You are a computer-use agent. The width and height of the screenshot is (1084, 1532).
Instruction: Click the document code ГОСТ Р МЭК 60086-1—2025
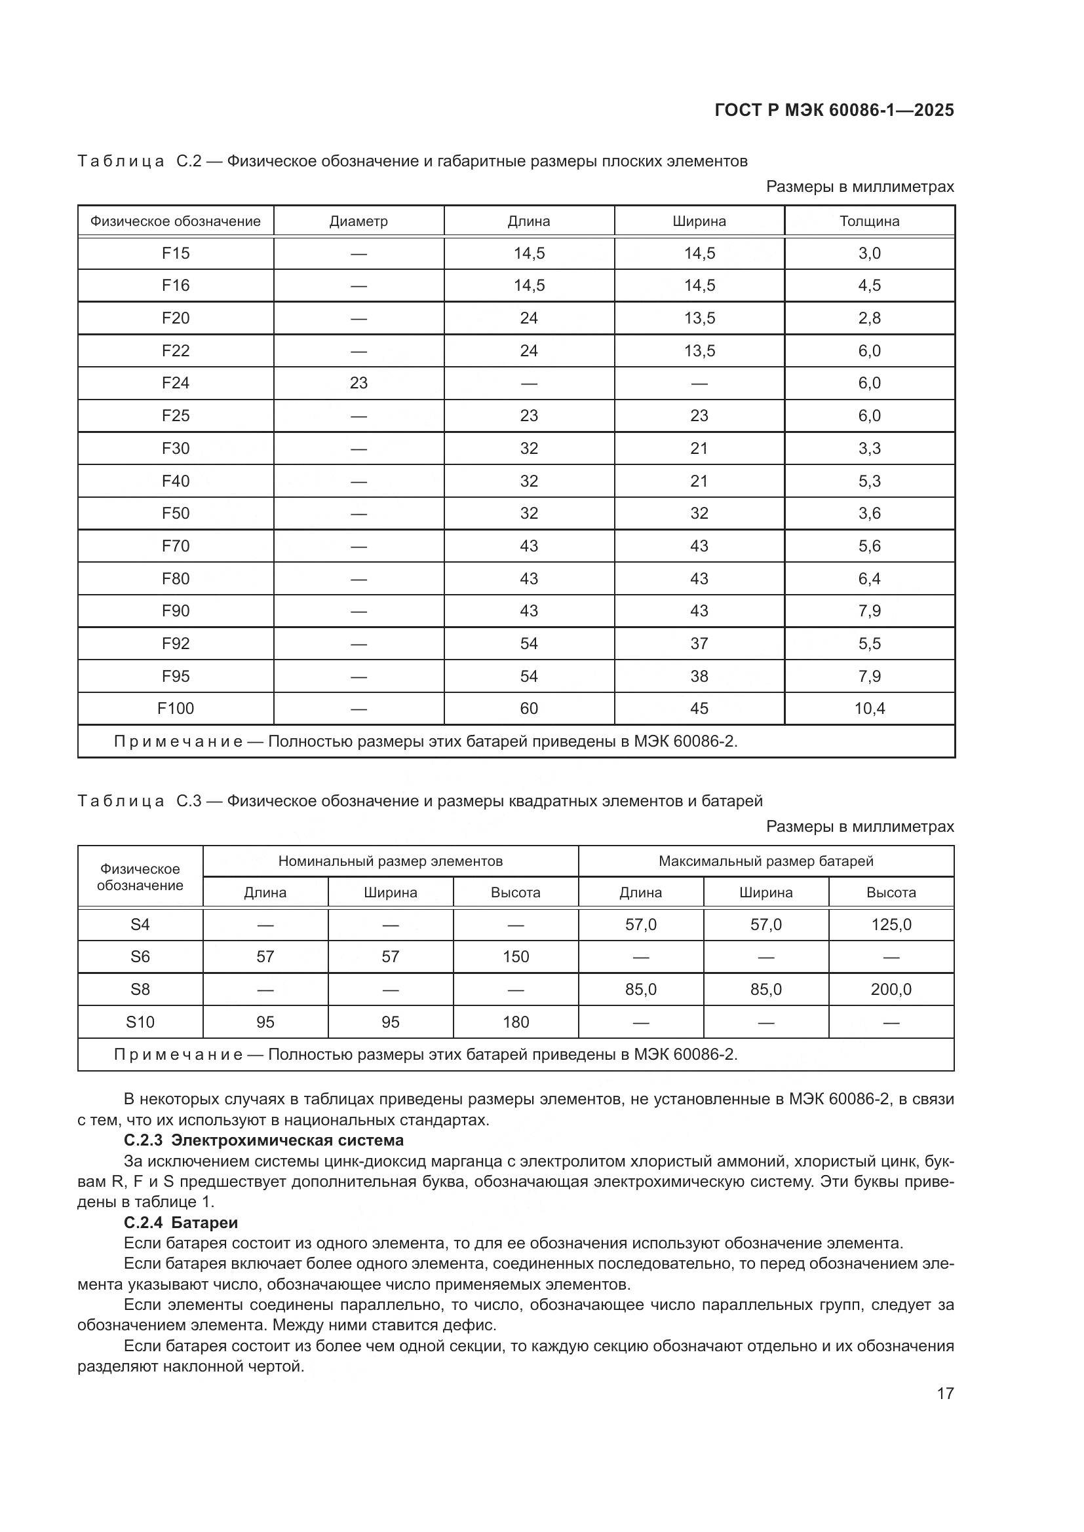(x=834, y=111)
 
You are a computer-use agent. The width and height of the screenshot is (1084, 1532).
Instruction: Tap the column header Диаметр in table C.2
(x=358, y=221)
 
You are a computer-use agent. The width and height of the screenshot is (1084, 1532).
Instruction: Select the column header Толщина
(x=869, y=221)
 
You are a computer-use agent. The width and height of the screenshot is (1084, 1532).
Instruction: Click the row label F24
(x=176, y=383)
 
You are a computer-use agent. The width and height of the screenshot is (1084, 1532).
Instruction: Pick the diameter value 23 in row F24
(x=358, y=383)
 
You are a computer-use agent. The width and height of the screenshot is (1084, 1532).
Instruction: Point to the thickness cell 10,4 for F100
(x=869, y=709)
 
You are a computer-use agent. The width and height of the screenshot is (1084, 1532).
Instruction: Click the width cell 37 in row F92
(x=699, y=644)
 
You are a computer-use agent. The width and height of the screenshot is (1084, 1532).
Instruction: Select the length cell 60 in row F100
(x=529, y=709)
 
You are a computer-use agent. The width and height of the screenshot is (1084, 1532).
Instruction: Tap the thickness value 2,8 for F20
(x=869, y=318)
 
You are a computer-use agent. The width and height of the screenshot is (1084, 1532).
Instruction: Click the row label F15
(x=176, y=253)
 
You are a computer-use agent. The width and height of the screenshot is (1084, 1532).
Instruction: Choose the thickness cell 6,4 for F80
(x=869, y=578)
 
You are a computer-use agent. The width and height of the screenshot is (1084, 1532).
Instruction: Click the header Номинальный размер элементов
(x=391, y=861)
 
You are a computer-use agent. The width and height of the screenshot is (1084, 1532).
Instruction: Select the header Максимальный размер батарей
(x=765, y=861)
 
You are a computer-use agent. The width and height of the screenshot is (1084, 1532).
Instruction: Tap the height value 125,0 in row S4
(x=891, y=925)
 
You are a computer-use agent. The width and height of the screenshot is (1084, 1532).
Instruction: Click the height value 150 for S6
(x=515, y=957)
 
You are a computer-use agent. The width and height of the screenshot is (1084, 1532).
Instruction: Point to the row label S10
(x=140, y=1022)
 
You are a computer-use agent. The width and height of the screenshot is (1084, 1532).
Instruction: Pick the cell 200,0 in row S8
(x=891, y=990)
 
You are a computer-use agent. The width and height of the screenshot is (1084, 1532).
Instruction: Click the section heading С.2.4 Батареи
(x=181, y=1223)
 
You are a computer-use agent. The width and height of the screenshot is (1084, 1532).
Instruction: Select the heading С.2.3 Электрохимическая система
(x=263, y=1140)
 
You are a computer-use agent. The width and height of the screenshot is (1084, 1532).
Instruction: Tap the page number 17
(x=945, y=1394)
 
